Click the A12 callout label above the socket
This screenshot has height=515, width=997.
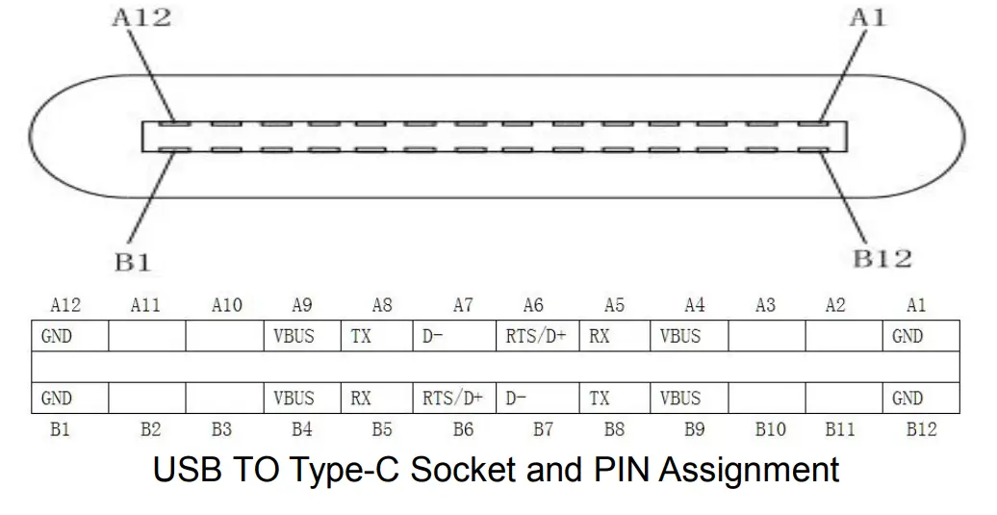pyautogui.click(x=141, y=18)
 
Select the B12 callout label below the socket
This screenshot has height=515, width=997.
pyautogui.click(x=882, y=259)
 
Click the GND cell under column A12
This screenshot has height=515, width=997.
pyautogui.click(x=68, y=337)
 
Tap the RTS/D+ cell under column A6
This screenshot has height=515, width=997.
pyautogui.click(x=537, y=337)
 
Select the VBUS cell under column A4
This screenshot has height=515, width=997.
pyautogui.click(x=689, y=337)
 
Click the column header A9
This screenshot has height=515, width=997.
pyautogui.click(x=301, y=306)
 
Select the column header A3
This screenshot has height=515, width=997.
pyautogui.click(x=765, y=306)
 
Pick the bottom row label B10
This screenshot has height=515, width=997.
pyautogui.click(x=770, y=430)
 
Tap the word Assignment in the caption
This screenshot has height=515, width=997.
pyautogui.click(x=749, y=471)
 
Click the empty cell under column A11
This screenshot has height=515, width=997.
pyautogui.click(x=146, y=337)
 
